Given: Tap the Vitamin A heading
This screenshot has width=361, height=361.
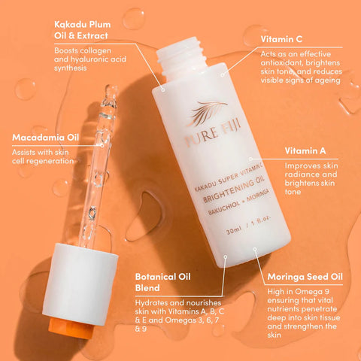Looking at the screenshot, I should point(305,151).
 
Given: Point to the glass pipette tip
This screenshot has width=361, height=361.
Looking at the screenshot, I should point(111,91).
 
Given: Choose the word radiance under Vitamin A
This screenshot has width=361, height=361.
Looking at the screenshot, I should point(297,174).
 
